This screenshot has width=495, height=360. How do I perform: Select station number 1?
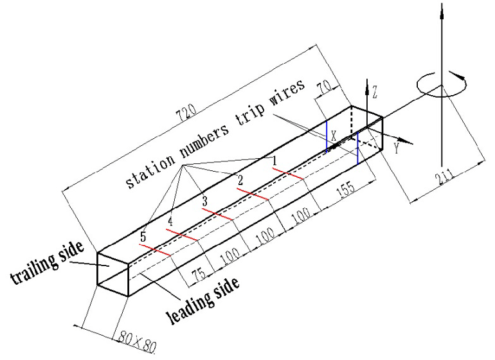pos(274,159)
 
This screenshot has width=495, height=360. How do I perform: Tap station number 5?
pos(143,236)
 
